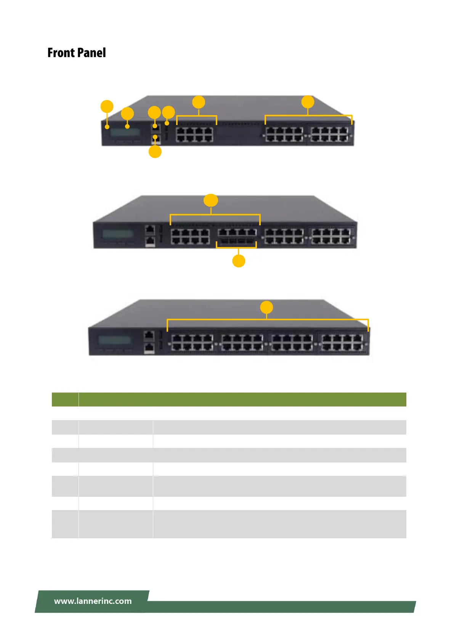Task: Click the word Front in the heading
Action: coord(61,53)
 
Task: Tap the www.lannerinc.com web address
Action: coord(93,601)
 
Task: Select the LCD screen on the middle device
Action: coord(118,234)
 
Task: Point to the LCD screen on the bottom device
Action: coord(114,340)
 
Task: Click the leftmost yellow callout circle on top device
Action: coord(107,106)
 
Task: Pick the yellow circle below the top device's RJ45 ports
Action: coord(155,152)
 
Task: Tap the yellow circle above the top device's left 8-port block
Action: coord(199,102)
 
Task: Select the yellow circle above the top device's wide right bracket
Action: coord(308,102)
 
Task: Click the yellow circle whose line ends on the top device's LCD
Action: coord(127,113)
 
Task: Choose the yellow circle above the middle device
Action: coord(211,200)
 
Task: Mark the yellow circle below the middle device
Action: coord(239,261)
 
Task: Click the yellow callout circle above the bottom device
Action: coord(266,307)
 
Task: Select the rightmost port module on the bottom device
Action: coord(342,342)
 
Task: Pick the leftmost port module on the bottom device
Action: coord(192,342)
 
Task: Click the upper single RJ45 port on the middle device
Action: coord(150,230)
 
